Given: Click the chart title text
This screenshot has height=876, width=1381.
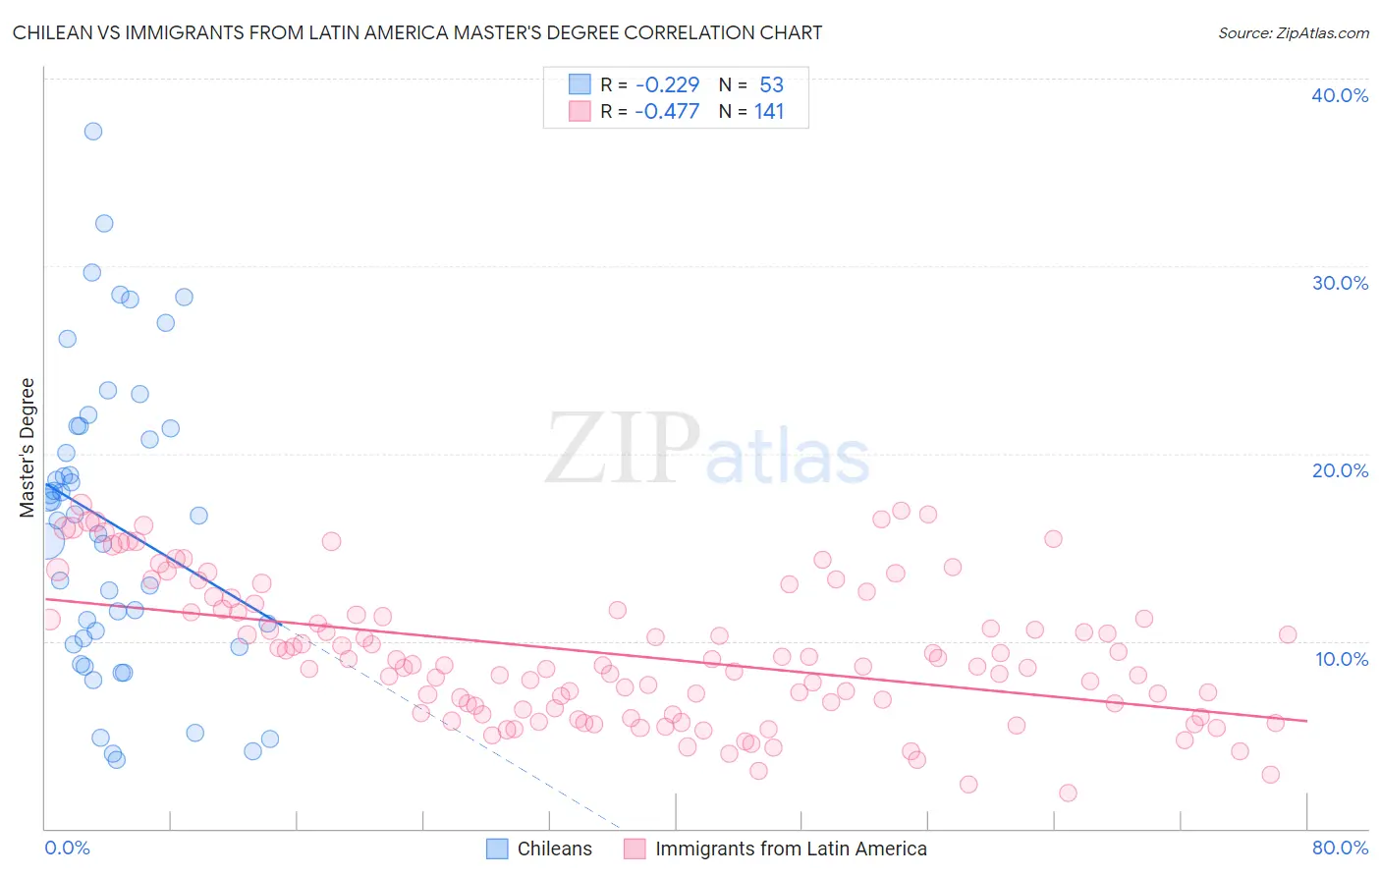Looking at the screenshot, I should (x=417, y=32).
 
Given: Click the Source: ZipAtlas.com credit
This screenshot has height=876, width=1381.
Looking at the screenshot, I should (x=1293, y=32).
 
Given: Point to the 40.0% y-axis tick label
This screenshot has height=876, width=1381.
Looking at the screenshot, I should (x=1340, y=95).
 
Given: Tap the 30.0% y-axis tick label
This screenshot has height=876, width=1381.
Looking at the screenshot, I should (x=1340, y=283).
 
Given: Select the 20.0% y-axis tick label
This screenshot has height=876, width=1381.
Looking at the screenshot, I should (x=1340, y=470).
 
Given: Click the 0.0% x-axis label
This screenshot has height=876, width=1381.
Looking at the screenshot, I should (x=67, y=848).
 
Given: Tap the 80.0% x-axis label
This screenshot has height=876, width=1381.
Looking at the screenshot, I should (x=1340, y=848).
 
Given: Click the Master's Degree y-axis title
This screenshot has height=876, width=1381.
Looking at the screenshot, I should (x=28, y=448).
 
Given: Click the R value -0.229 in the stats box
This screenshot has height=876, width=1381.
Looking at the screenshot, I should (x=667, y=85).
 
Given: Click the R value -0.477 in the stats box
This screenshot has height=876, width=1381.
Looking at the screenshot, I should (x=667, y=112).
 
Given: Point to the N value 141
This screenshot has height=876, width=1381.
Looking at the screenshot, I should (x=769, y=112).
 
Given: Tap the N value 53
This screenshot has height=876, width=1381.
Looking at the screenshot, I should (x=771, y=85).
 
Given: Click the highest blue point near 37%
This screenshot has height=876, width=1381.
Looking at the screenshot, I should (x=93, y=132).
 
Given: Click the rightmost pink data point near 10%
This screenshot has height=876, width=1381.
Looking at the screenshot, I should (x=1288, y=634).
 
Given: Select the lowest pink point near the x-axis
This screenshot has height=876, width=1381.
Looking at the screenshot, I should (x=1068, y=793).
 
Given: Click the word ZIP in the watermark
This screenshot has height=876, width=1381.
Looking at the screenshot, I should (x=622, y=449).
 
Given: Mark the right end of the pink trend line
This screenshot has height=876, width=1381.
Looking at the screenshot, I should (x=1306, y=721).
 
